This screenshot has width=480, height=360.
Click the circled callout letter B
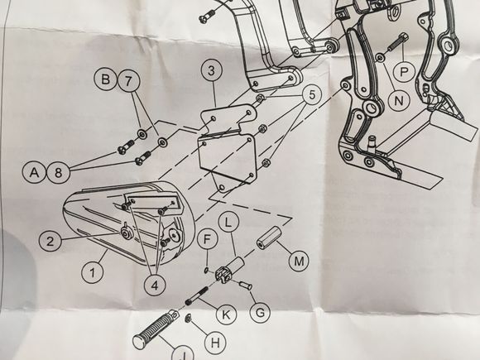106,79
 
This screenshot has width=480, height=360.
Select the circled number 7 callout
128,81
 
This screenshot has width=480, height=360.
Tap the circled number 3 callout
212,71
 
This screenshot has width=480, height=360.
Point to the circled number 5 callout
312,94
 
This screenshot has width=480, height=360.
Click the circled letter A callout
34,172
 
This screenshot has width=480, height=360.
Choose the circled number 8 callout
58,173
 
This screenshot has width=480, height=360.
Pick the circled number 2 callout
50,241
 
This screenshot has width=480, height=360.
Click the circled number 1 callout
93,272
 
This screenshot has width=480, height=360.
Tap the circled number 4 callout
155,285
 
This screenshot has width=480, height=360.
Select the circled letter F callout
208,240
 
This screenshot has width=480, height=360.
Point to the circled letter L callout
228,223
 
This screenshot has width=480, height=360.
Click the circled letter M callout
299,261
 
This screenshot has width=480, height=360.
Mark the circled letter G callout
260,313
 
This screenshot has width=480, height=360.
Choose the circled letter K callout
227,314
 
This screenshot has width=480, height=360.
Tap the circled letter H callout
215,343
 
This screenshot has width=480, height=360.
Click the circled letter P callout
405,72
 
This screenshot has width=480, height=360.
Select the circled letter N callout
399,99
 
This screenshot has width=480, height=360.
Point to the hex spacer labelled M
269,238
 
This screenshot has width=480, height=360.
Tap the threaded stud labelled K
197,295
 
